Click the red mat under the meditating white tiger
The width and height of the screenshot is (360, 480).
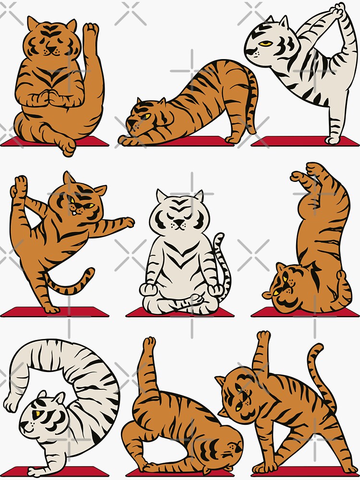click(x=180, y=312)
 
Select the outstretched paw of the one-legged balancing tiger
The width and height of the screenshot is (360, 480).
click(x=127, y=222)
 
